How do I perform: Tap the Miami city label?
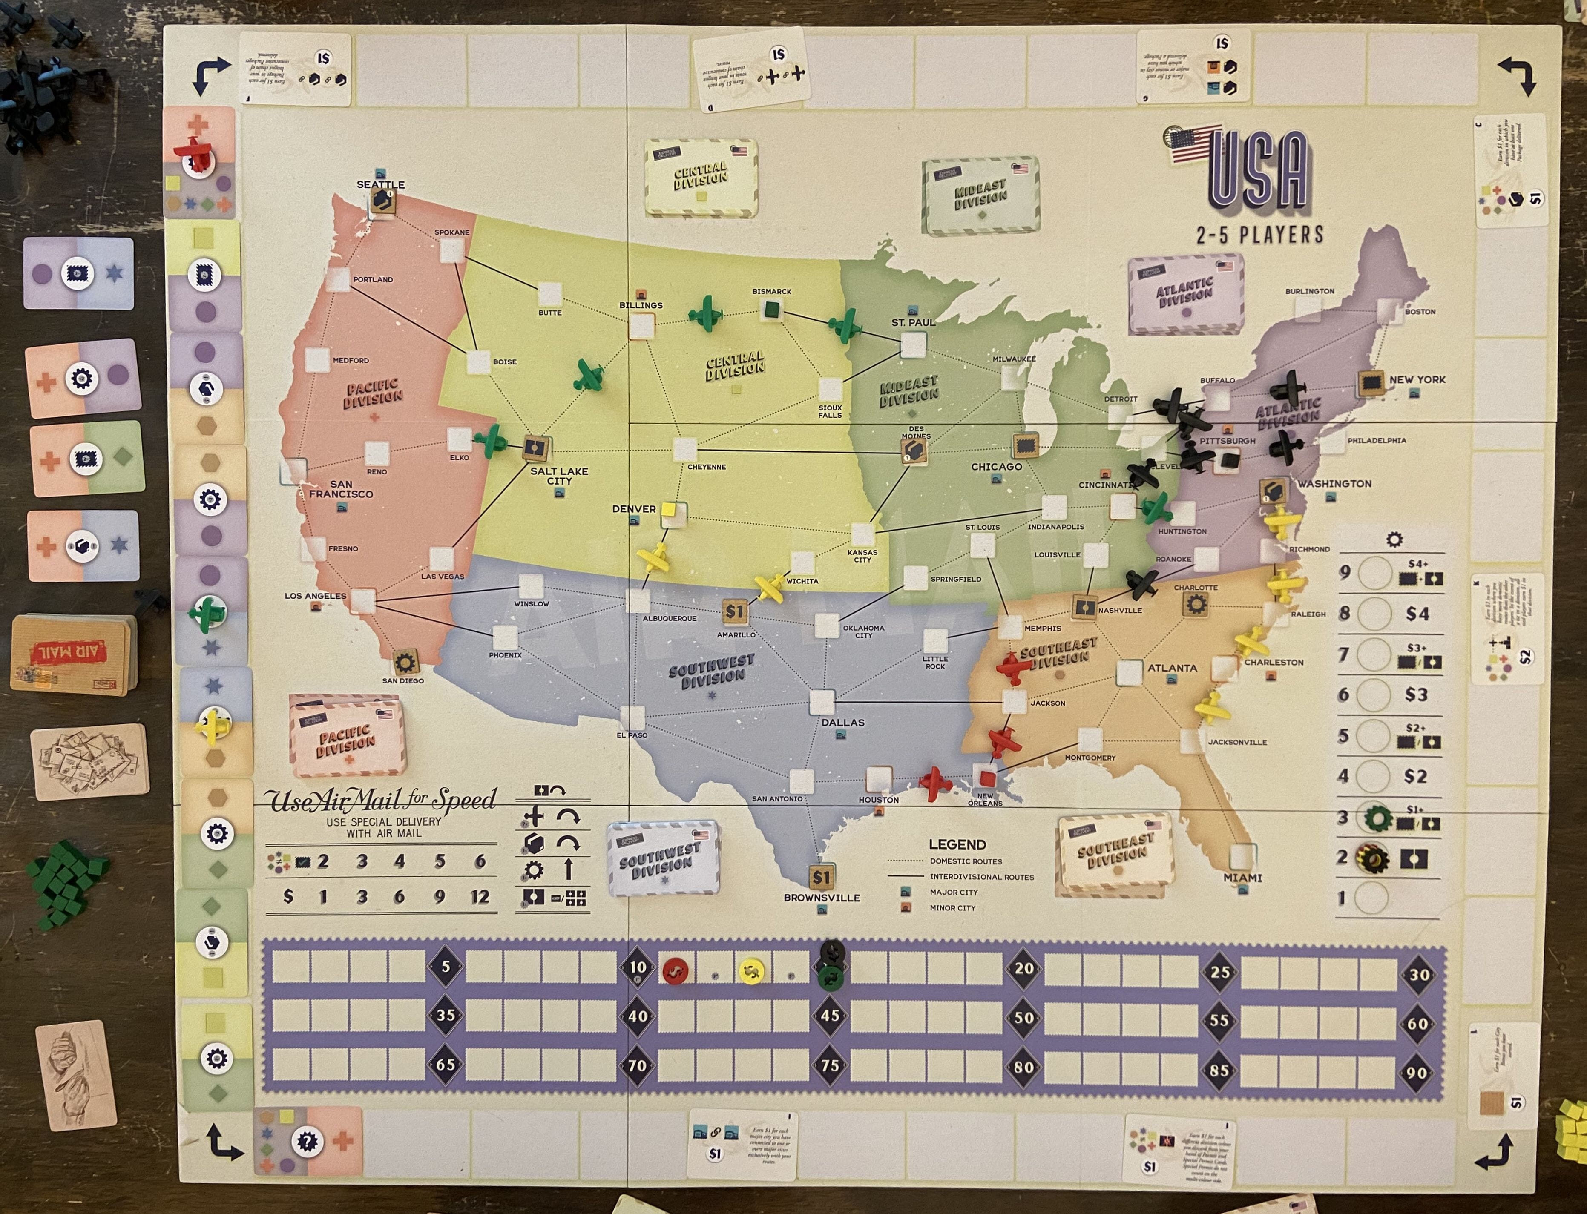1242,877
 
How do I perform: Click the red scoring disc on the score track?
675,971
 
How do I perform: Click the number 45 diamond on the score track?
830,1015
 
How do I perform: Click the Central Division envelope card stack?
700,177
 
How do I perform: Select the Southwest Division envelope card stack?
663,858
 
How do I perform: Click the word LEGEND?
957,844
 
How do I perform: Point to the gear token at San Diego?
405,661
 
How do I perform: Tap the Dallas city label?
842,722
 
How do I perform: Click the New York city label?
1417,379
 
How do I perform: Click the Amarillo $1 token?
734,611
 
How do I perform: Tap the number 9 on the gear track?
1344,572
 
